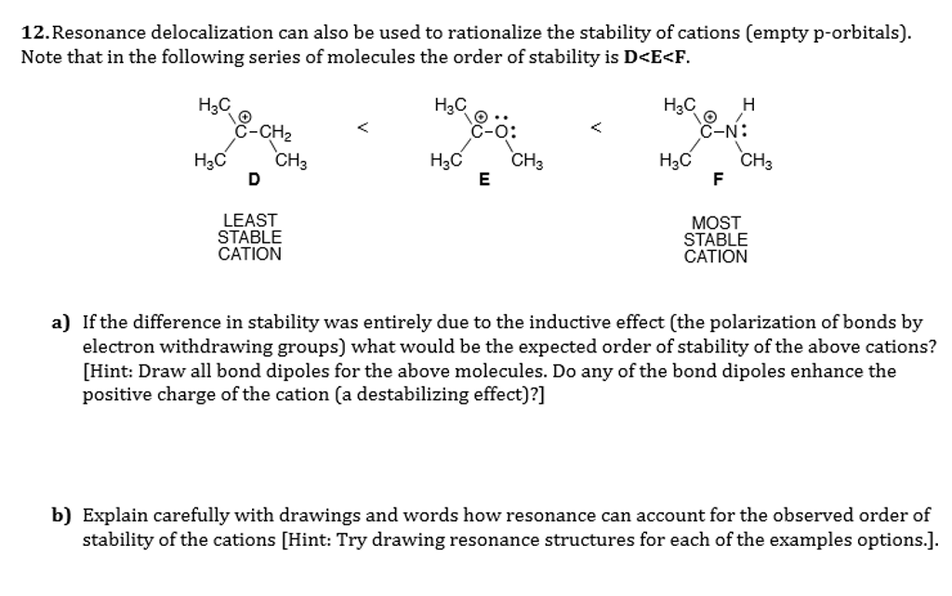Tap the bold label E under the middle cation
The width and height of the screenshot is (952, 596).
(x=483, y=180)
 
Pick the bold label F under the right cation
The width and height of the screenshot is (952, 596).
(x=716, y=180)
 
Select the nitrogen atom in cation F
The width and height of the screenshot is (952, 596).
(x=734, y=132)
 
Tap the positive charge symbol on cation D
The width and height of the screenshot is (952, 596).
(x=245, y=116)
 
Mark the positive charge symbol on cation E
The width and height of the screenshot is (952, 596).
(x=482, y=117)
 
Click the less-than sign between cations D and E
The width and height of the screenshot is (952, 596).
(x=364, y=129)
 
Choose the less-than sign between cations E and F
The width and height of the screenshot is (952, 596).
(x=598, y=129)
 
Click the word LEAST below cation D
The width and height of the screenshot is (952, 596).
(x=250, y=220)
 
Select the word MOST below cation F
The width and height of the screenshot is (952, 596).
(x=716, y=223)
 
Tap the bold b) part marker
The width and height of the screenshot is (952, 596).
(x=61, y=515)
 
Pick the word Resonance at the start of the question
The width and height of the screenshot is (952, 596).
(x=98, y=33)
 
